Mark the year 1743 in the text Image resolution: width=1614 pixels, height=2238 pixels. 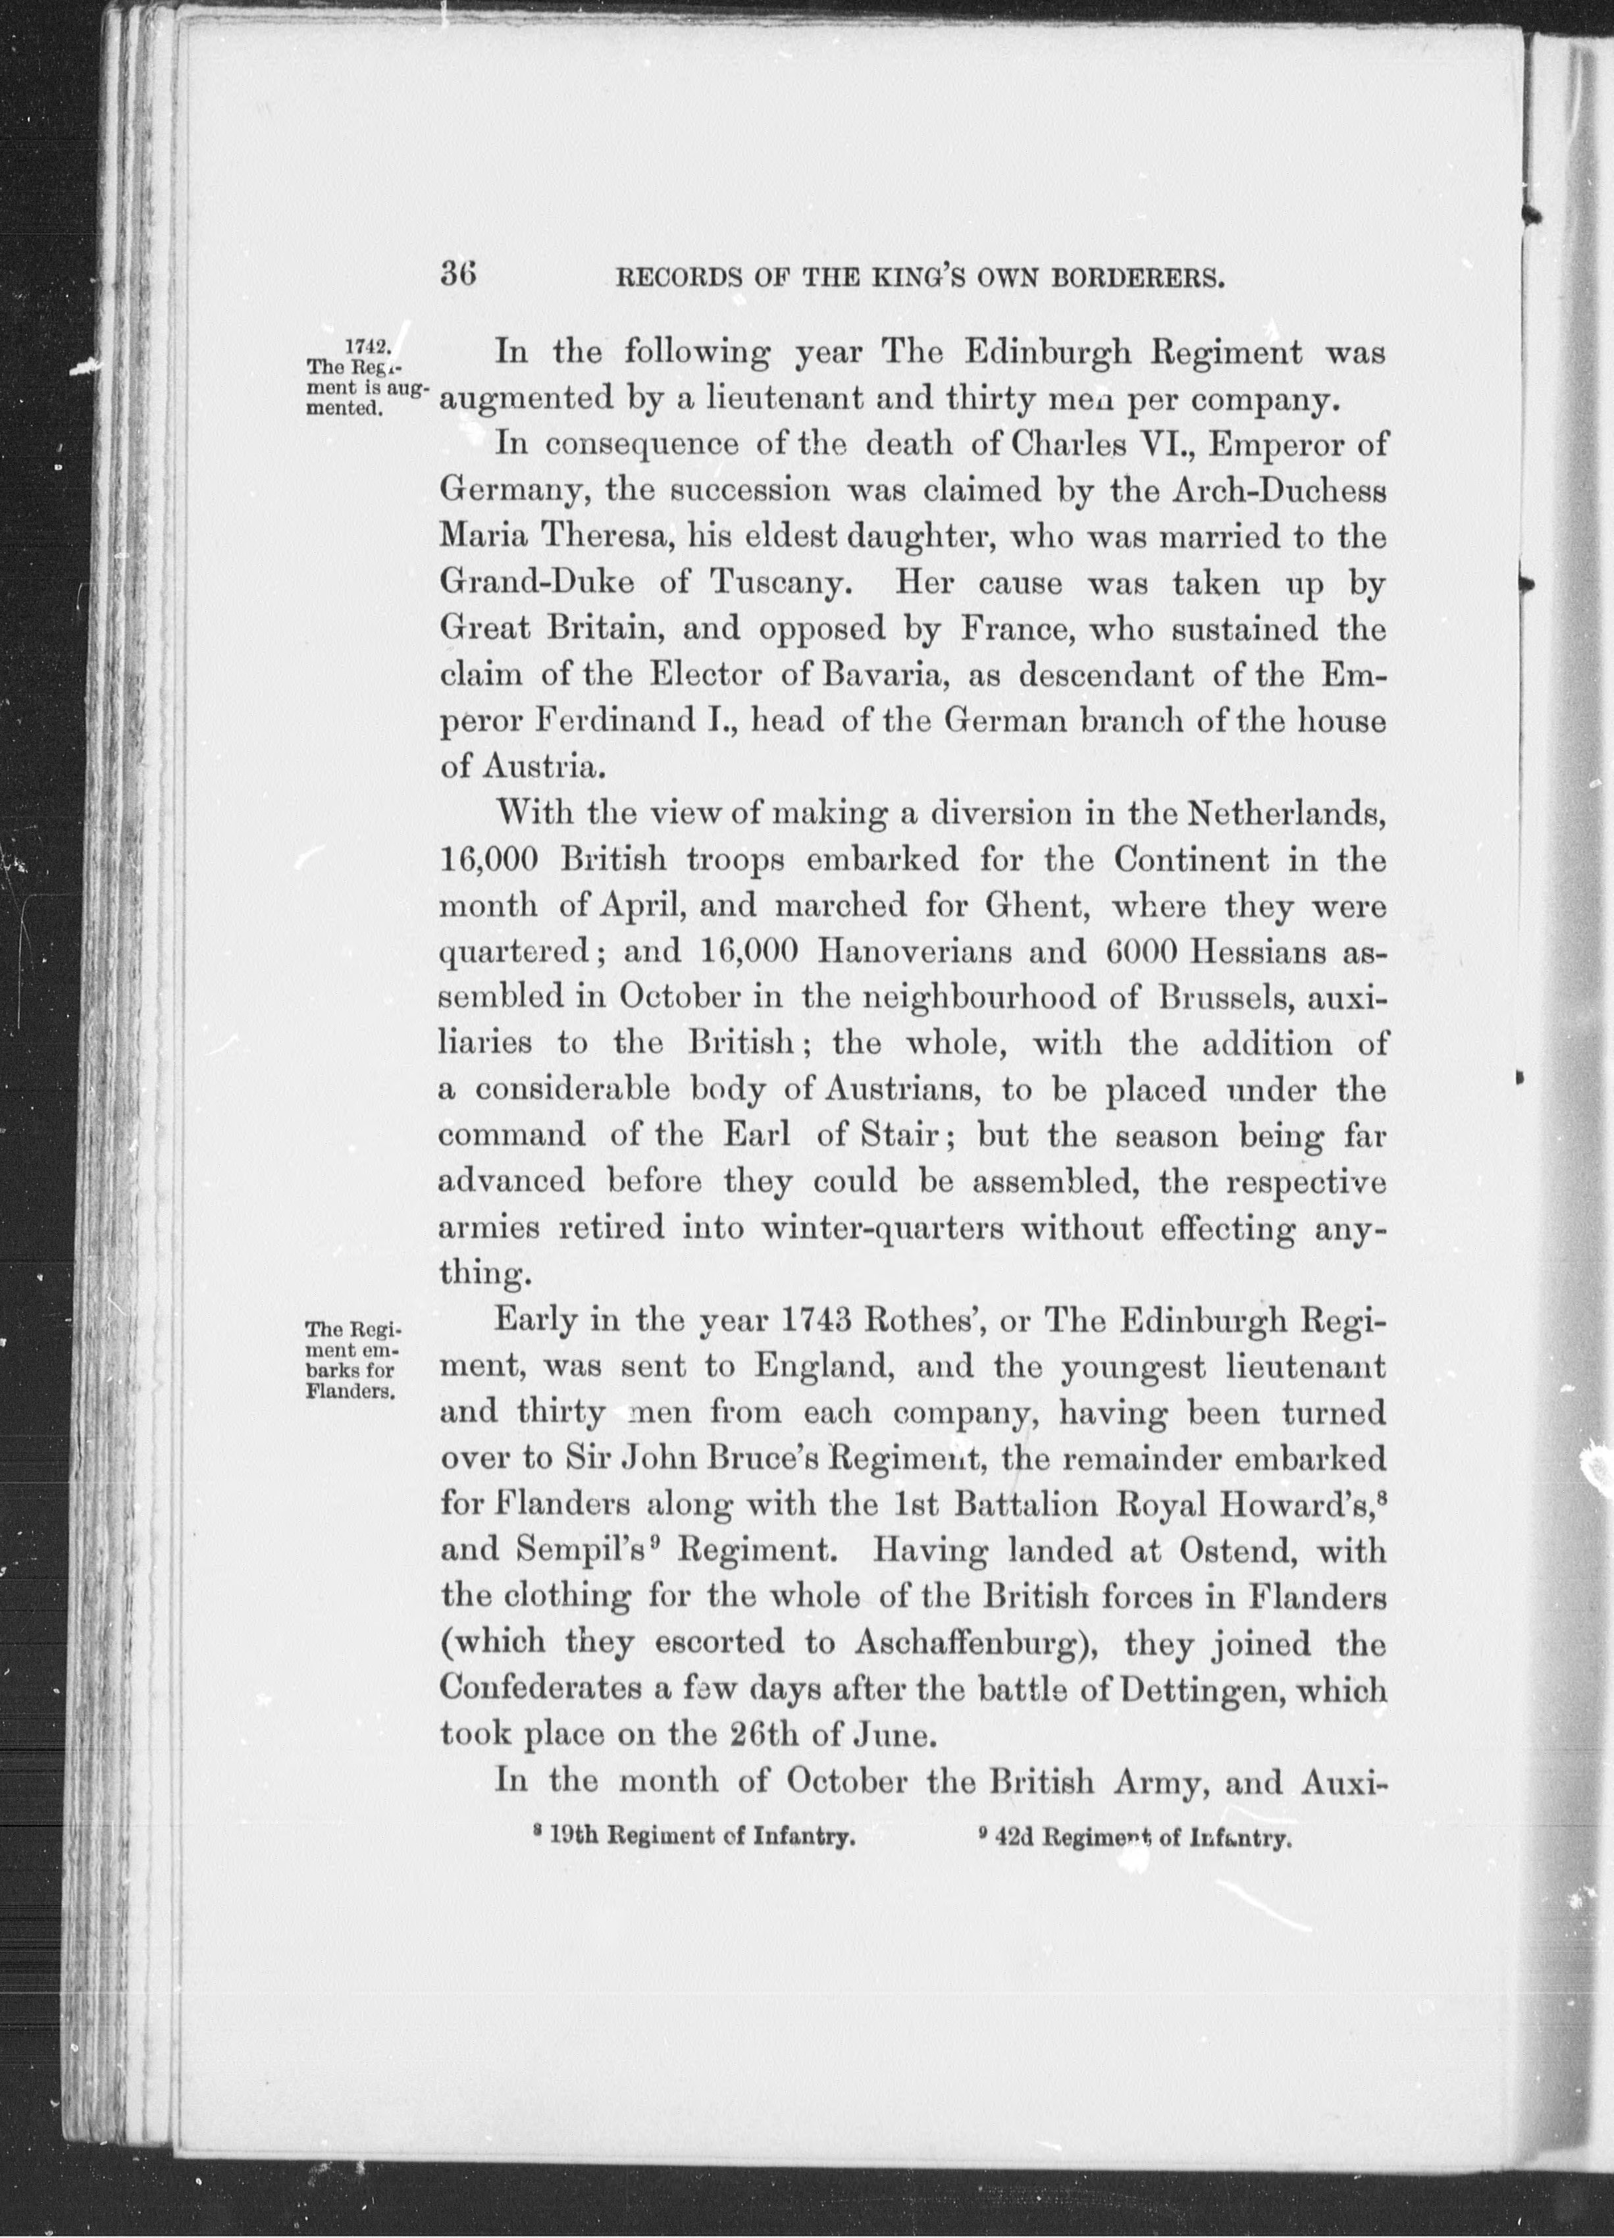817,1321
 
